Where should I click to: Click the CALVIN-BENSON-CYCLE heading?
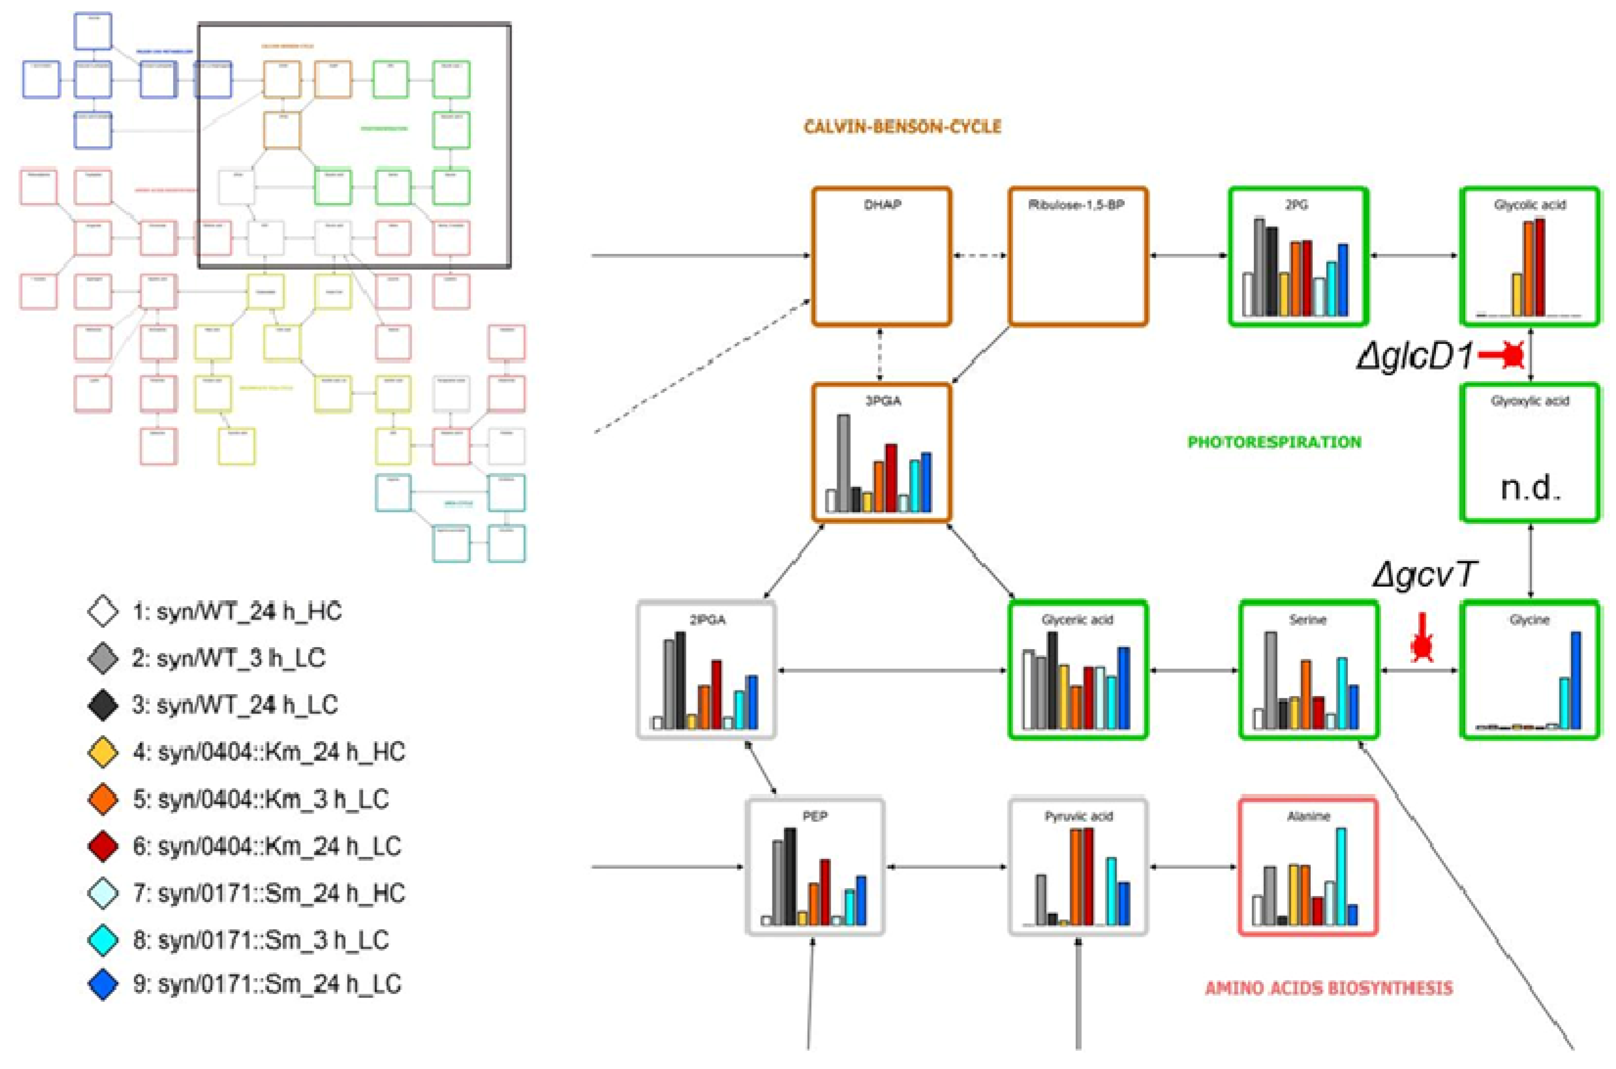[x=902, y=127]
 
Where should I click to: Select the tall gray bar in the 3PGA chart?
[x=843, y=463]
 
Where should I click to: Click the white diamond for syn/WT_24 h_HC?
[x=103, y=612]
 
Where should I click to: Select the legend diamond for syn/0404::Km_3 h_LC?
[x=103, y=799]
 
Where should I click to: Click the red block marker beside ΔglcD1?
[x=1506, y=356]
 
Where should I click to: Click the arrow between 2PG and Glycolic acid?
[x=1414, y=256]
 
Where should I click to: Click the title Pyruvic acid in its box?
[x=1078, y=816]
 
